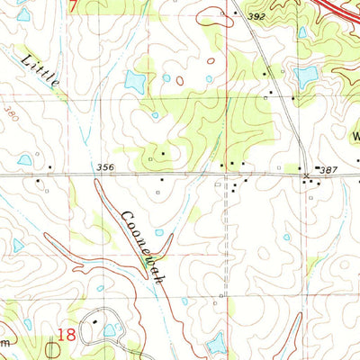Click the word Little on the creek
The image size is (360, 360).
tap(40, 71)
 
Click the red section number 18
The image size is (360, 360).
tap(65, 334)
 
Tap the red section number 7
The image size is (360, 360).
tap(73, 5)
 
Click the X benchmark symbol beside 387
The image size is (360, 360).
tap(306, 175)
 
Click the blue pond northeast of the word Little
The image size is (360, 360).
tap(136, 83)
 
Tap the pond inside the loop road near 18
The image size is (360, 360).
tap(110, 330)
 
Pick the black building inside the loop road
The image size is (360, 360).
tap(94, 319)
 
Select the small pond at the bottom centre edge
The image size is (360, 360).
tap(216, 345)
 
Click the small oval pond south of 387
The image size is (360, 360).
tap(286, 238)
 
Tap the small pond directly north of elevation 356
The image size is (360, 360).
tap(155, 115)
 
